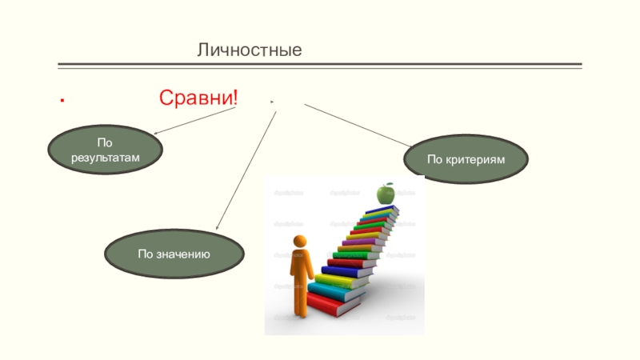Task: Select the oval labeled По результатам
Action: click(x=105, y=150)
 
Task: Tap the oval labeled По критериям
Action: click(x=466, y=159)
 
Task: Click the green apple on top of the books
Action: click(x=386, y=193)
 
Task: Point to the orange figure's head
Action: click(x=300, y=241)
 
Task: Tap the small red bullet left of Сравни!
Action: click(x=62, y=102)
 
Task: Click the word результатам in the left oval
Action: click(x=105, y=158)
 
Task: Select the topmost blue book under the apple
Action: click(x=382, y=209)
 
